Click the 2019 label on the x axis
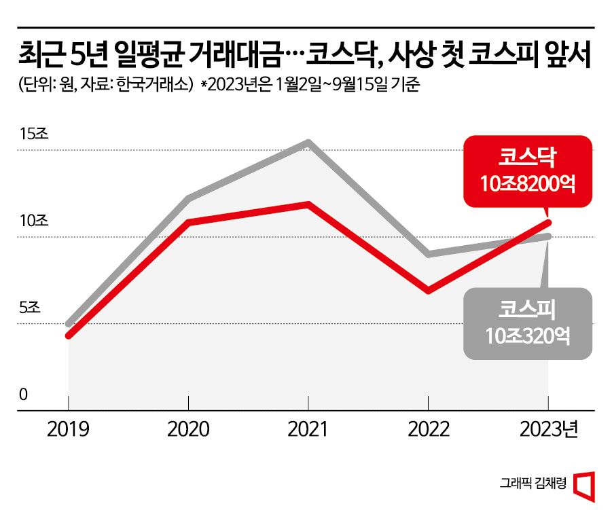pos(69,430)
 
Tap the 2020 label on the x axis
pos(188,430)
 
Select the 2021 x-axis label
pos(308,430)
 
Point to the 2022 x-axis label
pos(428,430)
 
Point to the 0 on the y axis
pos(23,395)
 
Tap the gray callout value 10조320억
pos(528,334)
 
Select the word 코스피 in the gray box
pos(528,310)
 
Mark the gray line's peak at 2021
pos(308,143)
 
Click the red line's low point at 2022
pos(428,291)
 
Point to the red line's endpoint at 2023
pos(548,222)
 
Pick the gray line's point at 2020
pos(188,198)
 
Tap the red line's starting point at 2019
pos(69,335)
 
